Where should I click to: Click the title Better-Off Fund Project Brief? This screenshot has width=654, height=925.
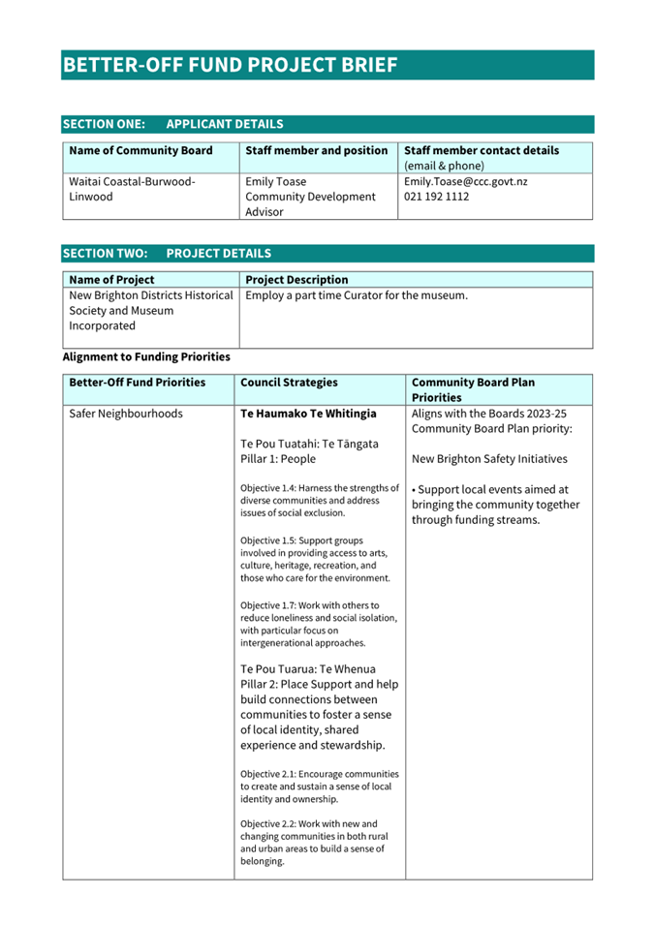(231, 65)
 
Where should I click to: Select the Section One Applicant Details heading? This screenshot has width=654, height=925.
(173, 124)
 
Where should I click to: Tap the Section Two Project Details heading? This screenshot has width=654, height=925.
(167, 254)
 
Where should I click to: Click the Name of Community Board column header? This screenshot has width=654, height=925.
(140, 151)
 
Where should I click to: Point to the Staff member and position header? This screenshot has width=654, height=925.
(317, 151)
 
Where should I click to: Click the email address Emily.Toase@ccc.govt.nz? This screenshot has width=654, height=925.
(465, 181)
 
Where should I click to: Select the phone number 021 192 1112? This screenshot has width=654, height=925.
(436, 197)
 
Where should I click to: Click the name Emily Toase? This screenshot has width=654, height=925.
(276, 181)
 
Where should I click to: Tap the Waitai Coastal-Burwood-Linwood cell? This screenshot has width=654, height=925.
(132, 189)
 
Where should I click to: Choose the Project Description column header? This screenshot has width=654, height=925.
(296, 280)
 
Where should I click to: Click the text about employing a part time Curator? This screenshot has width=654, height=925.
(357, 295)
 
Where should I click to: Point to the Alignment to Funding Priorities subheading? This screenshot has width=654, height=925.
(146, 356)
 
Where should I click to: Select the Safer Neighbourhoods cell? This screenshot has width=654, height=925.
(126, 414)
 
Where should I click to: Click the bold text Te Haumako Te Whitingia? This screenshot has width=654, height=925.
(308, 414)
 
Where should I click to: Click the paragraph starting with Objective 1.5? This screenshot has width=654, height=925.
(318, 559)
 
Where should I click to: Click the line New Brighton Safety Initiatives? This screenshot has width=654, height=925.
(489, 459)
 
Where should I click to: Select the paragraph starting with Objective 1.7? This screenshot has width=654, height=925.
(318, 624)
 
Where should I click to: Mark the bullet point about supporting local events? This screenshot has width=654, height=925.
(495, 505)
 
